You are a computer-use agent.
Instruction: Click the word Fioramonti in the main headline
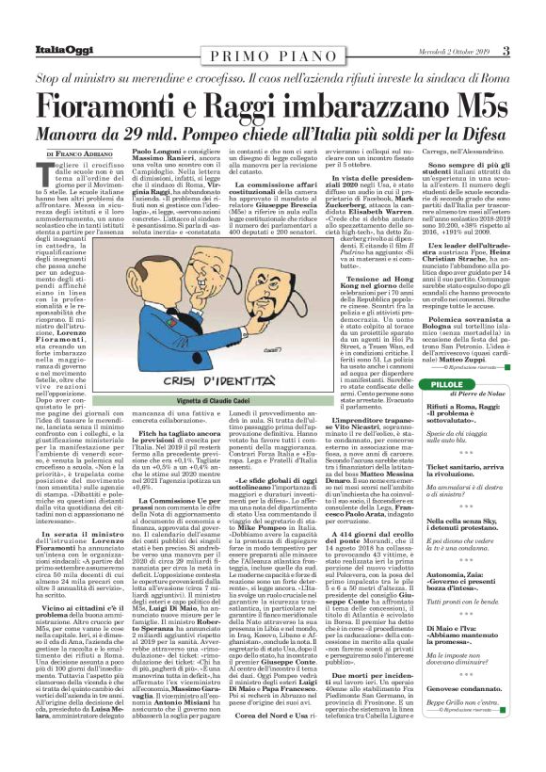pos(131,106)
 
